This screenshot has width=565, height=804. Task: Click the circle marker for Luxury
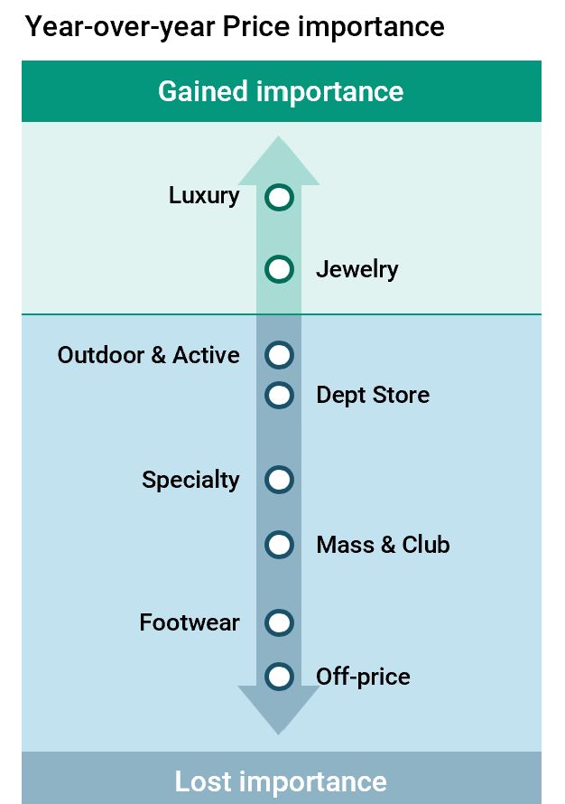click(279, 198)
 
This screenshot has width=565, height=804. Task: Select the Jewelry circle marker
click(279, 269)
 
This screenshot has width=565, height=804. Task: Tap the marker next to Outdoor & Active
click(279, 355)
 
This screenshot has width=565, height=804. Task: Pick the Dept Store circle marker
click(279, 395)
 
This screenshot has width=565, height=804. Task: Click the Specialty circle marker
click(279, 480)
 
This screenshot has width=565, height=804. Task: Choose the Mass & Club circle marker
click(279, 545)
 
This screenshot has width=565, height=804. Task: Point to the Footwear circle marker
click(279, 623)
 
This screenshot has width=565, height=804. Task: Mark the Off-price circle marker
click(279, 677)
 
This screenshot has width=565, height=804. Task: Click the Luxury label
click(204, 196)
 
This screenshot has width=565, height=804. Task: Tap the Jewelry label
click(357, 270)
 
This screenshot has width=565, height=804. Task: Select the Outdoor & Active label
click(149, 355)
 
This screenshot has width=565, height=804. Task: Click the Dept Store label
click(373, 396)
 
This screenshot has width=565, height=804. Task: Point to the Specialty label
click(190, 481)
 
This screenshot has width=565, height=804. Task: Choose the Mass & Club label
click(384, 545)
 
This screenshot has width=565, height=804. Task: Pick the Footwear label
click(190, 623)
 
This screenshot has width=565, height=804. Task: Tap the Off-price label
click(363, 677)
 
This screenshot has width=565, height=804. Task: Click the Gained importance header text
click(281, 92)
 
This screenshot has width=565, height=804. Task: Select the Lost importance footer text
click(281, 781)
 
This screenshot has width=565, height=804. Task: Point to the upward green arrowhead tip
click(279, 136)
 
